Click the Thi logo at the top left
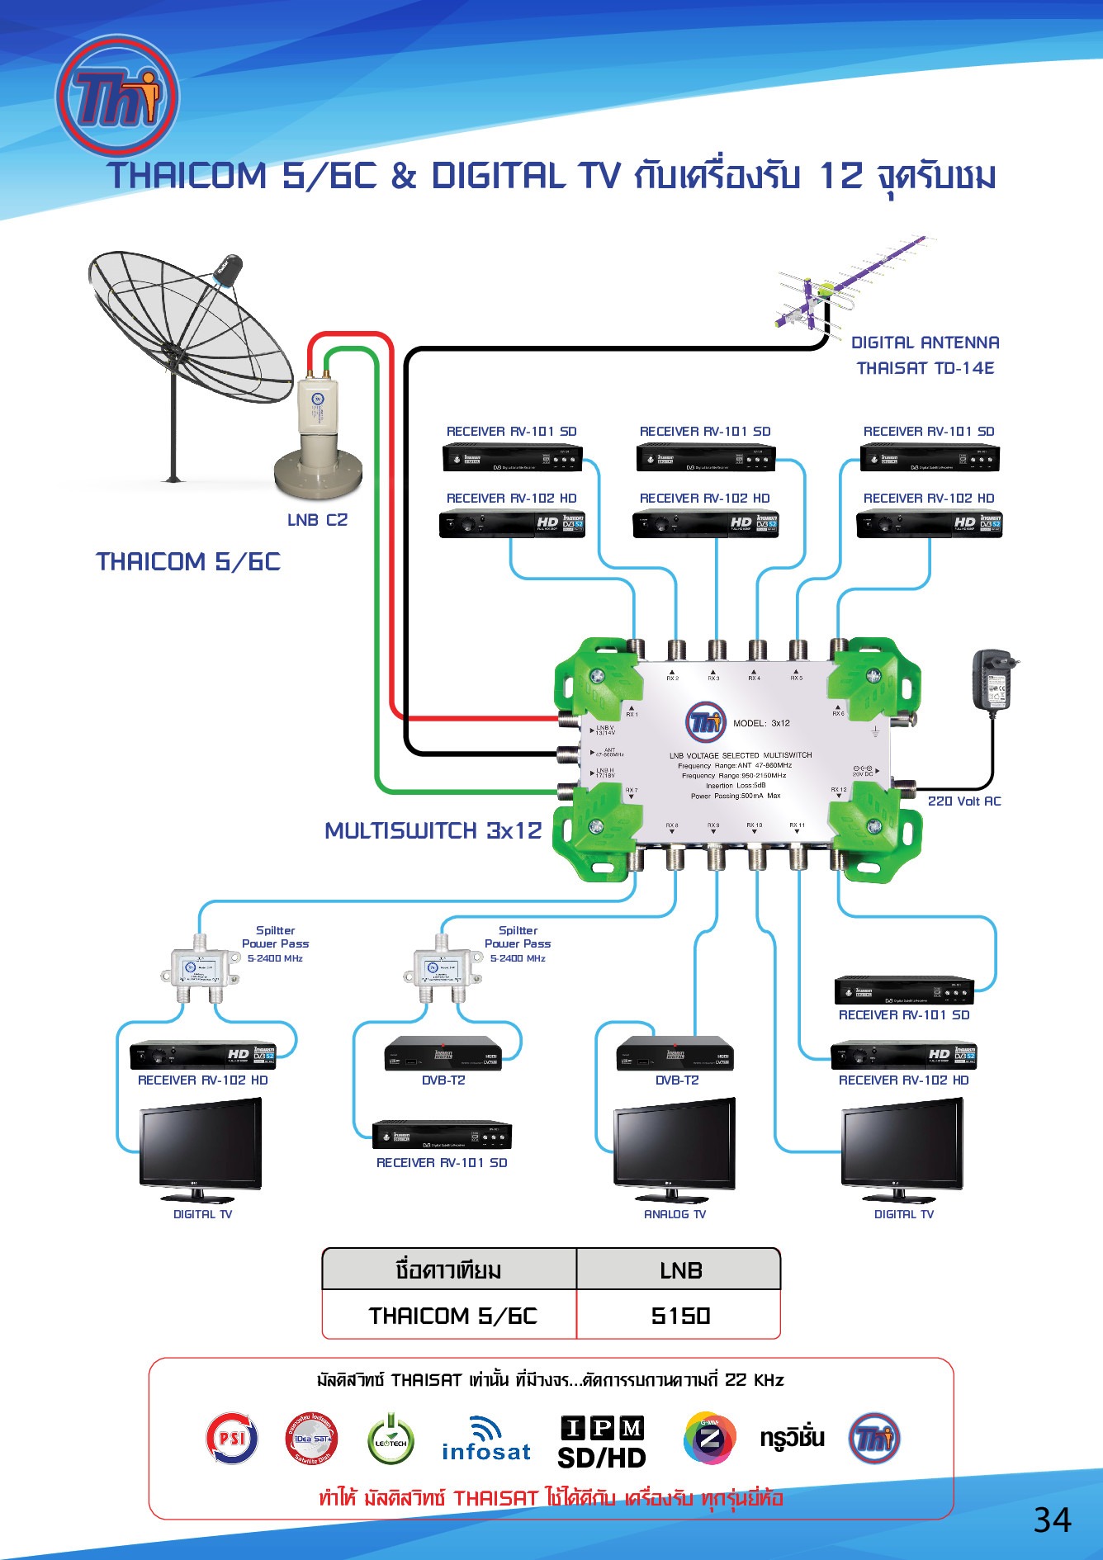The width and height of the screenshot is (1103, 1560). click(117, 97)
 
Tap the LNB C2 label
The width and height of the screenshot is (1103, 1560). click(317, 520)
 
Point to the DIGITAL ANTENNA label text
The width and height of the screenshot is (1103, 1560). click(925, 343)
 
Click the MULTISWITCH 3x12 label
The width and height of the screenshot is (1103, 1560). click(433, 830)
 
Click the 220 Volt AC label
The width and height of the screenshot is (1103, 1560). click(963, 801)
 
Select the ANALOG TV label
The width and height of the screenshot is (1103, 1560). click(675, 1214)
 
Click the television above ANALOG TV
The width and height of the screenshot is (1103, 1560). click(675, 1147)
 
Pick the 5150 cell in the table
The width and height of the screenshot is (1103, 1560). click(680, 1316)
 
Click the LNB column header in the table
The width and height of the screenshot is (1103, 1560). click(680, 1270)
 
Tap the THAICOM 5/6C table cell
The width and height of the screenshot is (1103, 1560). click(452, 1316)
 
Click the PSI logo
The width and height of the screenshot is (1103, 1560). click(232, 1438)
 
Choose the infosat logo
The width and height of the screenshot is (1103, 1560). click(486, 1441)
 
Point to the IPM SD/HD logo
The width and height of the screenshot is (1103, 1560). click(602, 1443)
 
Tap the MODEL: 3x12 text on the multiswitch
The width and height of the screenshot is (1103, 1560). click(761, 723)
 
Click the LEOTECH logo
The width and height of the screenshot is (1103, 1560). click(391, 1439)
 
